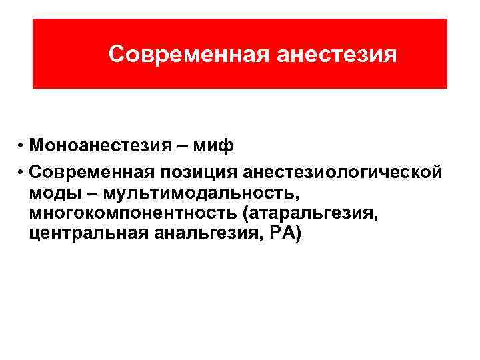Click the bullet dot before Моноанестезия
tap(22, 146)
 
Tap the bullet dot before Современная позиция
tap(22, 173)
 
